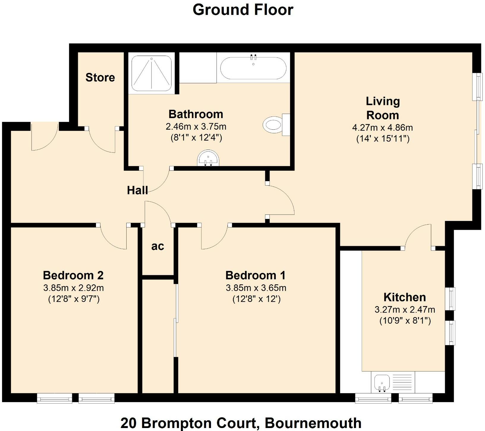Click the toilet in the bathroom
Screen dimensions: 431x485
pyautogui.click(x=275, y=125)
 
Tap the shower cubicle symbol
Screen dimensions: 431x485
pyautogui.click(x=152, y=73)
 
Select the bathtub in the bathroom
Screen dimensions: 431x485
pyautogui.click(x=253, y=68)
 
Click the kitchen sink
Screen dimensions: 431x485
pyautogui.click(x=382, y=383)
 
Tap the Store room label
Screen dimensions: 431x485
pyautogui.click(x=100, y=77)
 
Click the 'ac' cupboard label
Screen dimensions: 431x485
pyautogui.click(x=158, y=246)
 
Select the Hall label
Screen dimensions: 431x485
pyautogui.click(x=137, y=190)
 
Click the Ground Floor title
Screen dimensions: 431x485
pyautogui.click(x=243, y=10)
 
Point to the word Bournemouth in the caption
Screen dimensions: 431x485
pyautogui.click(x=313, y=423)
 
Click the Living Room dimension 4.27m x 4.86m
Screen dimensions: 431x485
pyautogui.click(x=382, y=128)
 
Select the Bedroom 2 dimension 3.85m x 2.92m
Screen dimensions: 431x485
pyautogui.click(x=73, y=288)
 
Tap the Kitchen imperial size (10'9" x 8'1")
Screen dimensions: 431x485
pyautogui.click(x=405, y=321)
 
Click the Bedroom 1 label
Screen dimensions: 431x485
pyautogui.click(x=255, y=275)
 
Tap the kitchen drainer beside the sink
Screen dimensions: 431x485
pyautogui.click(x=402, y=383)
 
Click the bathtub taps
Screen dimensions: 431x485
pyautogui.click(x=253, y=56)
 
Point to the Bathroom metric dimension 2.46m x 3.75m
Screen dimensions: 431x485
pyautogui.click(x=196, y=126)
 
